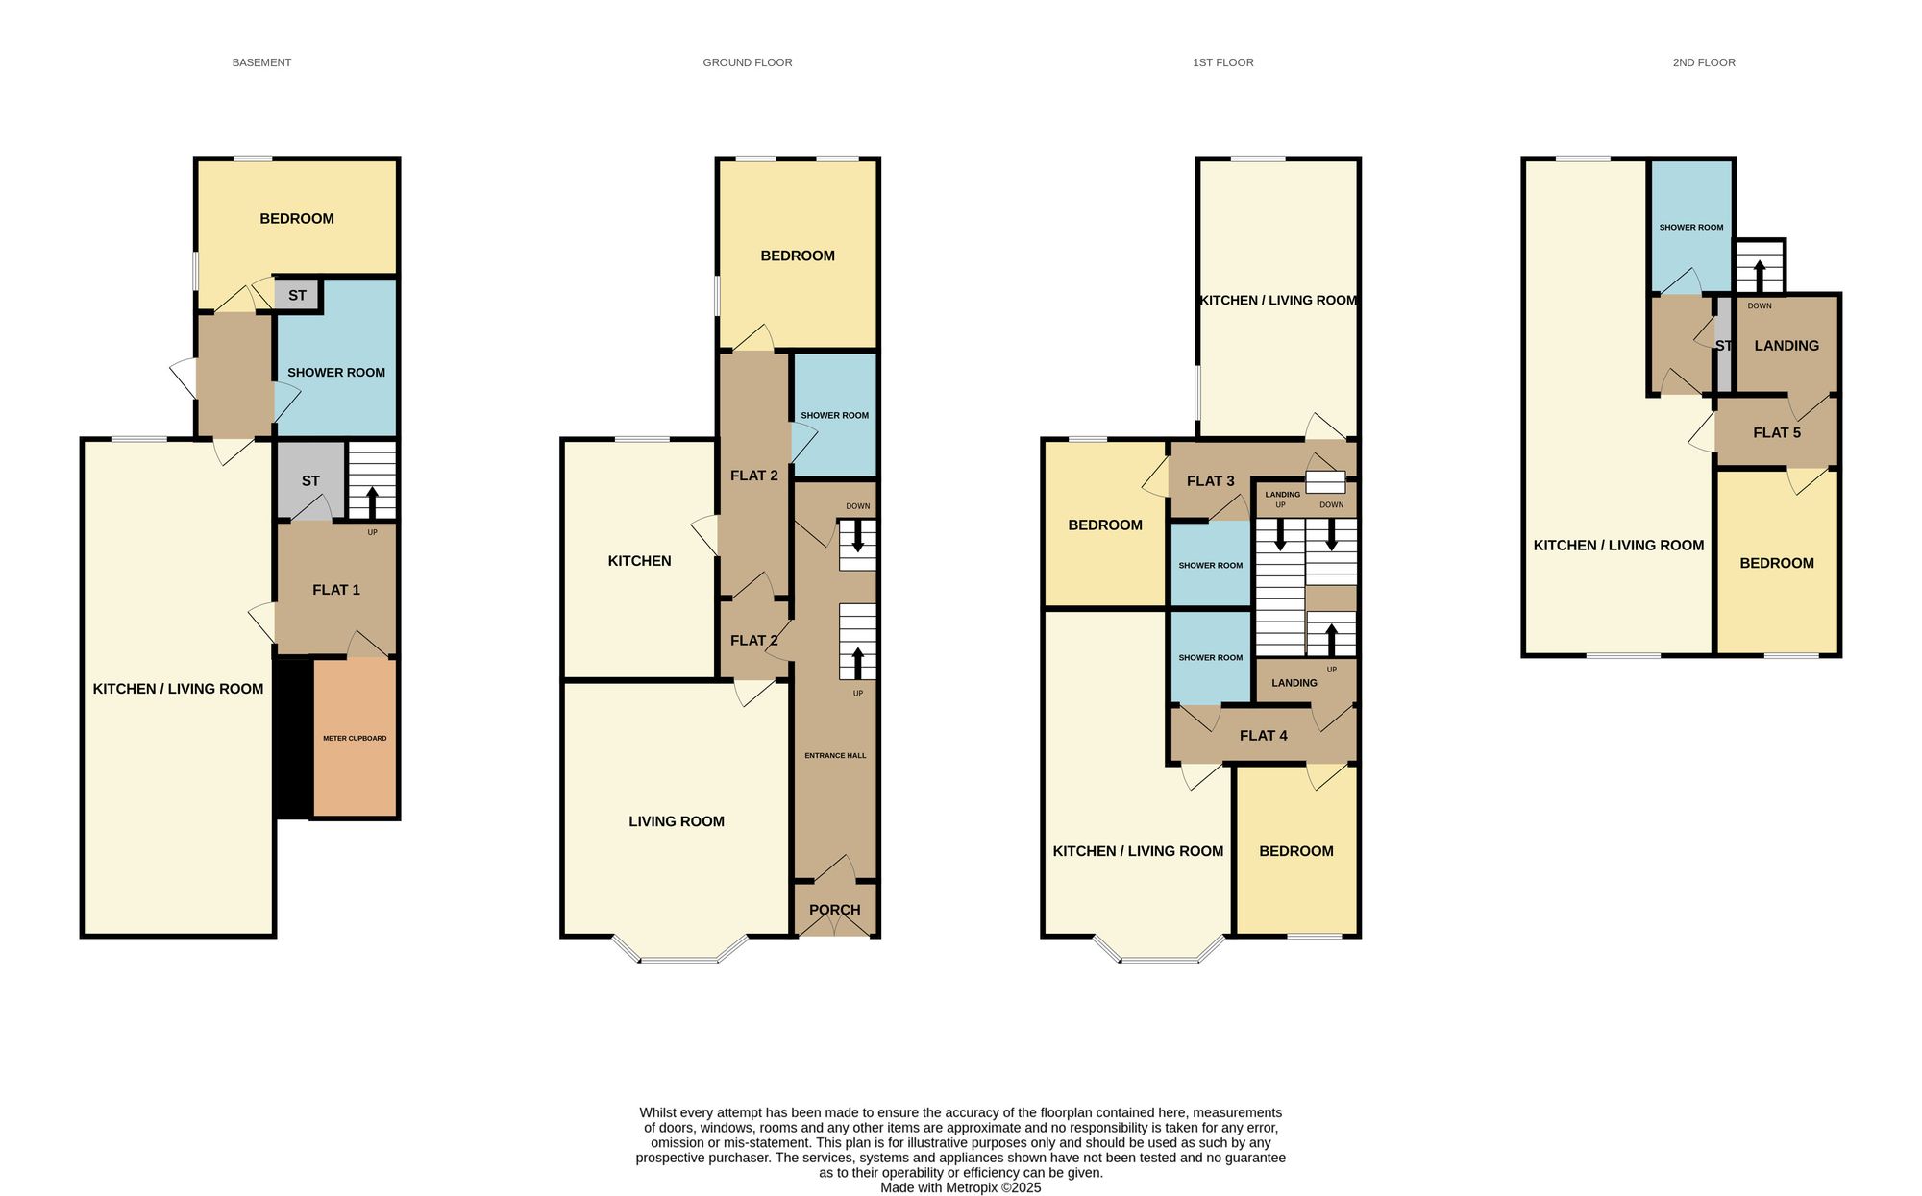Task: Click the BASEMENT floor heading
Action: (261, 62)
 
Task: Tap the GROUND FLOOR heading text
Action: (748, 62)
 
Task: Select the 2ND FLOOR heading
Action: (1704, 62)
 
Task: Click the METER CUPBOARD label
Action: (355, 738)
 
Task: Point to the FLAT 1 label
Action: (336, 590)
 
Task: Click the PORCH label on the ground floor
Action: (835, 910)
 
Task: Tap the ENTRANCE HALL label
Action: (835, 755)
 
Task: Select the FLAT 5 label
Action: (1777, 432)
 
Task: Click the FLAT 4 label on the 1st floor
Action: (1264, 735)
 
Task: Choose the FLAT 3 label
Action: (1211, 480)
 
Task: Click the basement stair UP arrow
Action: (371, 502)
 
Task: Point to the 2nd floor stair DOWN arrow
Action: (1760, 276)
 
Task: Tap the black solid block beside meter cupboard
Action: (294, 738)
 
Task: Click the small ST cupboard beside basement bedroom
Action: (297, 295)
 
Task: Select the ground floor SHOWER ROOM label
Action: (835, 415)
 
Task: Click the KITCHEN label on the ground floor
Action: (640, 561)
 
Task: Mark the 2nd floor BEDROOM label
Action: (1777, 563)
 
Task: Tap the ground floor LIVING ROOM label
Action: (677, 821)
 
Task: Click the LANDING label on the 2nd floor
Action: (1786, 346)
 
